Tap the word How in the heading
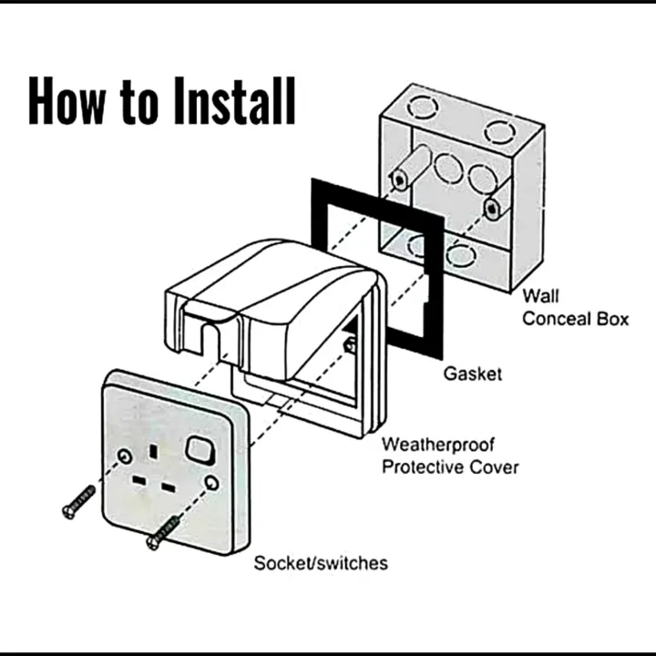(67, 100)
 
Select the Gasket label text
(472, 374)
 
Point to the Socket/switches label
(320, 563)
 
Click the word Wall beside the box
(541, 296)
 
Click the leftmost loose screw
(78, 502)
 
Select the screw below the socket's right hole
(163, 532)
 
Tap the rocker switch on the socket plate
(200, 448)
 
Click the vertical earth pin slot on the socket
(154, 449)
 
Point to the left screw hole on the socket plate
(125, 454)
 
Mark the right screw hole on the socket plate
(211, 483)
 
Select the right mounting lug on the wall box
(492, 207)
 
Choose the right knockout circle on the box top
(499, 131)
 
